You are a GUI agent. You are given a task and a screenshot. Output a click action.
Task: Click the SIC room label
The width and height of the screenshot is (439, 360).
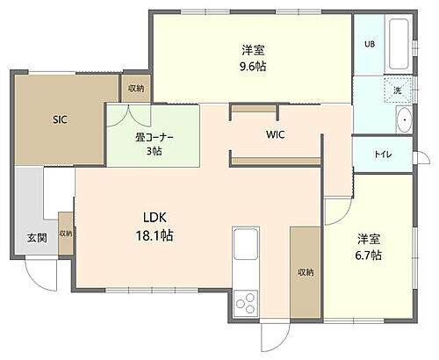(x=60, y=119)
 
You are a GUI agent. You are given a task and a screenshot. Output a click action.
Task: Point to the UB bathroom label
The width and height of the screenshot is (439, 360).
(x=369, y=44)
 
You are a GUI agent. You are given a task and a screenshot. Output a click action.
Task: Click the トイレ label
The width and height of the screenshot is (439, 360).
(x=384, y=155)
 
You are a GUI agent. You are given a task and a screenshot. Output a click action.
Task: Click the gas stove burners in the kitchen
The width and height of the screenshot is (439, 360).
(x=246, y=304)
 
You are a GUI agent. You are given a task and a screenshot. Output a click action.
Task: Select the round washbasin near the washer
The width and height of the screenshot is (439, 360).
(x=404, y=122)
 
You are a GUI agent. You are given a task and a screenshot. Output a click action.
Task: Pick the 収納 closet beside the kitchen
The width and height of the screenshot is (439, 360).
(x=305, y=272)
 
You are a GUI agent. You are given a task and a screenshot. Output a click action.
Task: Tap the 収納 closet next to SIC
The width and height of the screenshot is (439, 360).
(x=135, y=89)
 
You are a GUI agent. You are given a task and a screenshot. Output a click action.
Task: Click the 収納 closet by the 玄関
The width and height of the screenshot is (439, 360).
(x=66, y=234)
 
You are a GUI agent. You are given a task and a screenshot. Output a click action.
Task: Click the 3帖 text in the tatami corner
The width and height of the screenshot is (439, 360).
(x=155, y=151)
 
